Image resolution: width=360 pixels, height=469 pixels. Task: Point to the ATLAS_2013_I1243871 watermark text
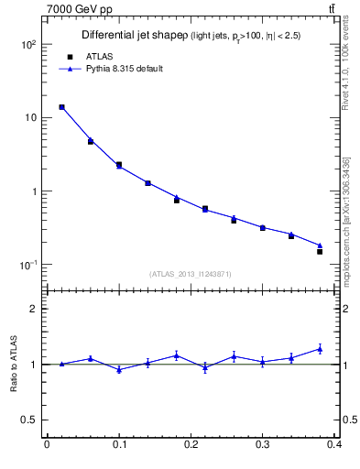(190, 274)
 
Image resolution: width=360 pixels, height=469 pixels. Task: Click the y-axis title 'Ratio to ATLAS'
(14, 364)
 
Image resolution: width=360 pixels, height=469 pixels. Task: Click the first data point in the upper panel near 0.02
(61, 107)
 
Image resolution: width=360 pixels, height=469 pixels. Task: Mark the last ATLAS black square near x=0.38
(320, 251)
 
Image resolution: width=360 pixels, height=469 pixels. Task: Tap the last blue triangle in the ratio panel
(320, 349)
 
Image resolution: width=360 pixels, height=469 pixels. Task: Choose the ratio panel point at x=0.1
(119, 369)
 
